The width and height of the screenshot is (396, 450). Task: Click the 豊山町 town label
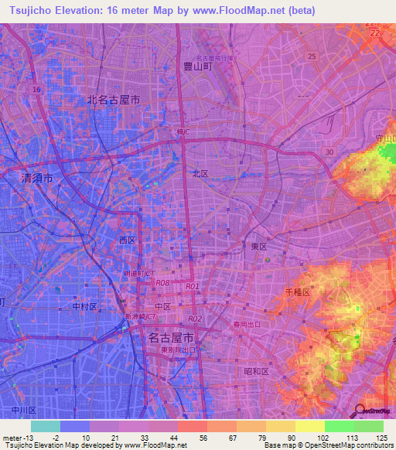point(197,67)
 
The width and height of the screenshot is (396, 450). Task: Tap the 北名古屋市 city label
point(114,100)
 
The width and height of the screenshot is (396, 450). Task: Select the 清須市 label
point(36,178)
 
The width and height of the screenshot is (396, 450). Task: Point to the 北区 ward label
point(200,174)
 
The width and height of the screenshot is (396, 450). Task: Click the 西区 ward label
point(127,240)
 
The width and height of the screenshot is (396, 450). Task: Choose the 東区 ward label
point(259,246)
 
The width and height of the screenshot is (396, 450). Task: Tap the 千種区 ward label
point(297,292)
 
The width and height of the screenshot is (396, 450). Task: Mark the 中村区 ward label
point(84,306)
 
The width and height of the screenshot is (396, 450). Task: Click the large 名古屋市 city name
point(170,337)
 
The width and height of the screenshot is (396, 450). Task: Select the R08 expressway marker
point(162,283)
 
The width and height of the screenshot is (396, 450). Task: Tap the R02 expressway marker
point(195,319)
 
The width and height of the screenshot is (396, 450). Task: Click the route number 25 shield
point(312,56)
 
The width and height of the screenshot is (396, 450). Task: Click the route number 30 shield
point(329,152)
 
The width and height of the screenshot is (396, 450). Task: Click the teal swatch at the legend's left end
point(45,426)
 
